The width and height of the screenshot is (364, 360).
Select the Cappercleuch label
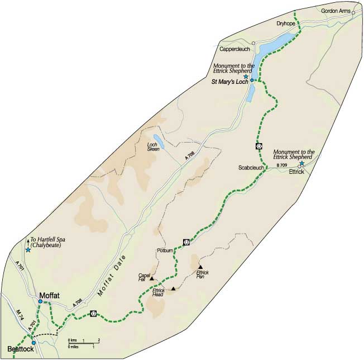pyautogui.click(x=234, y=49)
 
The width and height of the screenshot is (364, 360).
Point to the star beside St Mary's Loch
pyautogui.click(x=246, y=77)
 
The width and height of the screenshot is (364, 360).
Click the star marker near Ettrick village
pyautogui.click(x=302, y=163)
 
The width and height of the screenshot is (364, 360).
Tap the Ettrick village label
pyautogui.click(x=296, y=172)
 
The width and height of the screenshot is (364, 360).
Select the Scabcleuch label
pyautogui.click(x=251, y=168)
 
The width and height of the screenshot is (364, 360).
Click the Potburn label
pyautogui.click(x=166, y=251)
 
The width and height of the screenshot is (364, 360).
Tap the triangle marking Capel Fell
pyautogui.click(x=151, y=278)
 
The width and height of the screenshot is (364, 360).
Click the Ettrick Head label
pyautogui.click(x=160, y=292)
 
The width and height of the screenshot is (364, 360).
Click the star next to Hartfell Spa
pyautogui.click(x=28, y=250)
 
